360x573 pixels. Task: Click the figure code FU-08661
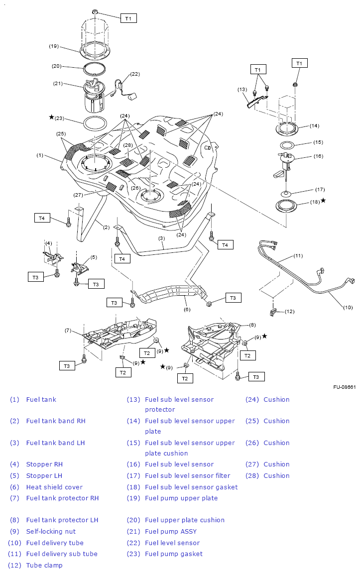345,387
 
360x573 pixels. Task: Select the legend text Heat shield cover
54,487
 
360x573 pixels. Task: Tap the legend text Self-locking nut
51,531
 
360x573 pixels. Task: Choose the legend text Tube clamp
44,565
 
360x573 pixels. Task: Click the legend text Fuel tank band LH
55,443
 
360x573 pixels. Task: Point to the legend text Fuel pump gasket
174,554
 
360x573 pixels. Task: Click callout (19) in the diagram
54,46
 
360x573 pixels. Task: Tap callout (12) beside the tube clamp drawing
289,312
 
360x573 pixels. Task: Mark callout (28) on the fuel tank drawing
128,145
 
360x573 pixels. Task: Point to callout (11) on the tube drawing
298,256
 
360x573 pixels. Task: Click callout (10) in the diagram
348,307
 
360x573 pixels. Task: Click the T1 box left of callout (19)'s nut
128,18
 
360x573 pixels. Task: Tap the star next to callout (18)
323,200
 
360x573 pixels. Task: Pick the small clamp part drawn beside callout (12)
273,312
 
